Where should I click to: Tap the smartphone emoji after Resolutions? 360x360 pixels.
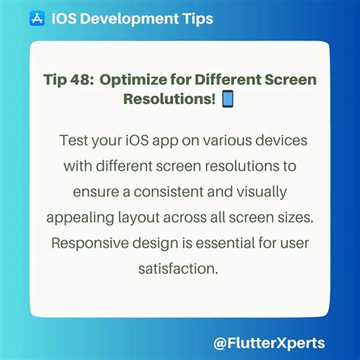230,99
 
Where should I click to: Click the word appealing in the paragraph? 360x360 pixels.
80,219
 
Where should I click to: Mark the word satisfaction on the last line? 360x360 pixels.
179,269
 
